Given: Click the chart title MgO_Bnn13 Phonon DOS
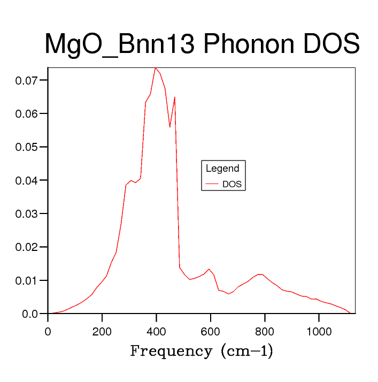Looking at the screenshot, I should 202,44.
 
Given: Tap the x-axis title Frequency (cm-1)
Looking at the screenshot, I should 202,352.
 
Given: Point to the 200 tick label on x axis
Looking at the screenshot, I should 102,331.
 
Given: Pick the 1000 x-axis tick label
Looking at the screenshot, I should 319,331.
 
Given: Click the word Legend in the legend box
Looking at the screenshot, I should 222,169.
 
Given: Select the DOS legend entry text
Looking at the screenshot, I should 232,185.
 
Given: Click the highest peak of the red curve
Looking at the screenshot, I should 155,68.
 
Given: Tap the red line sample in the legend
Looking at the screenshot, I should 212,185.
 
